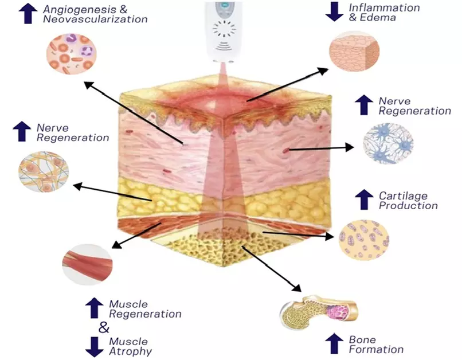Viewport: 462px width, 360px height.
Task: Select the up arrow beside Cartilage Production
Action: (363, 199)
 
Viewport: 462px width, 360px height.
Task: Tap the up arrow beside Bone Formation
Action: (334, 343)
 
